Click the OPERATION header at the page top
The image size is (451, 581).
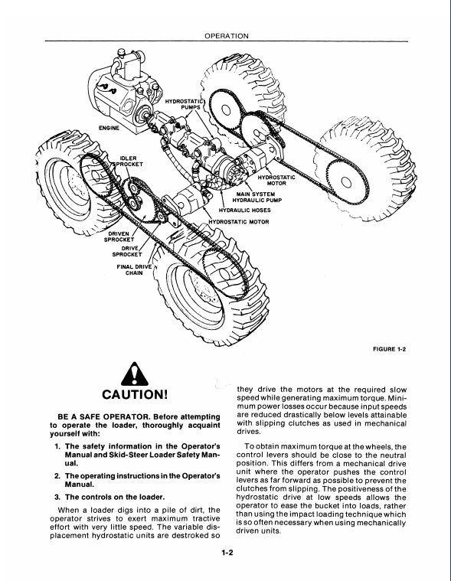tap(227, 36)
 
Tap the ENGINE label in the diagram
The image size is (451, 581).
tap(109, 128)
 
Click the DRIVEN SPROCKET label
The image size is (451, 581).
tap(119, 237)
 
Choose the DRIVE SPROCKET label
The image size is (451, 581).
tap(127, 251)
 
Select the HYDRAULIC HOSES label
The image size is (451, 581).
tap(244, 210)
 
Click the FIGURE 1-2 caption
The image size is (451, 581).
tap(390, 348)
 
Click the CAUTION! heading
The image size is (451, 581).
tap(135, 394)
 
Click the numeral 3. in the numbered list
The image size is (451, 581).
tap(57, 497)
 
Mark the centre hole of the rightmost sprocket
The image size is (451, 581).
tap(346, 181)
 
